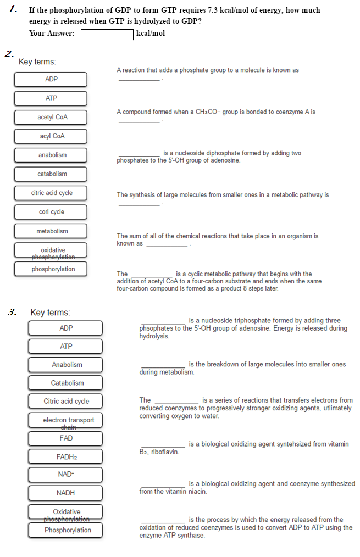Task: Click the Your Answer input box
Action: pos(107,34)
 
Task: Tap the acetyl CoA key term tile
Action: pos(51,118)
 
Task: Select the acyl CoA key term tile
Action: pos(51,136)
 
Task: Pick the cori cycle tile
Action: pos(51,212)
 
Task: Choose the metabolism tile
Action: pos(51,231)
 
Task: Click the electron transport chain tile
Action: pos(66,420)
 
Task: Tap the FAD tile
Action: pos(66,438)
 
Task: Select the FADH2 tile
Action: pos(66,457)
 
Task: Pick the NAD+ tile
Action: pos(66,475)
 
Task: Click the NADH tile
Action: pos(66,493)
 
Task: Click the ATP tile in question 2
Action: pos(51,98)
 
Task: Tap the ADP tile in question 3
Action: pos(66,328)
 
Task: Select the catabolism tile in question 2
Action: pos(51,174)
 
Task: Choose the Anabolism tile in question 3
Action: pos(66,365)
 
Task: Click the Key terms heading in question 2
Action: pos(37,62)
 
